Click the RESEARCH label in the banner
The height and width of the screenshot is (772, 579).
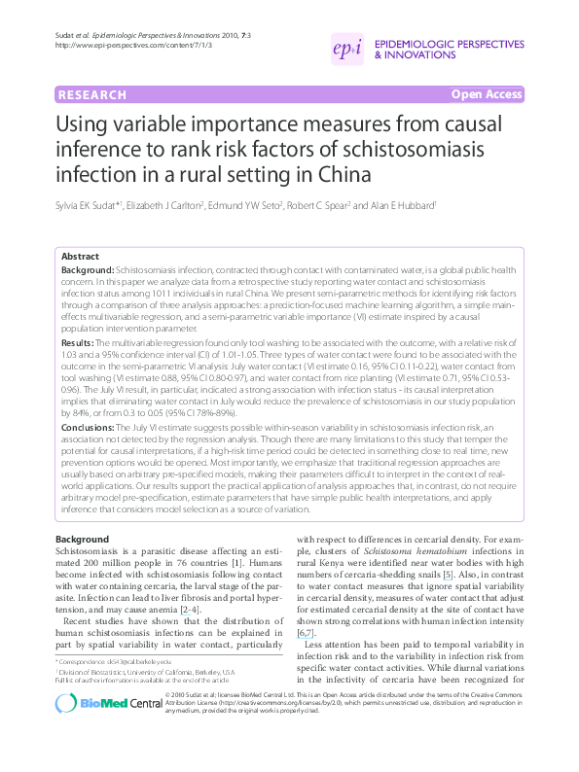point(92,95)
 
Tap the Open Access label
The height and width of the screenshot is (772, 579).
point(487,94)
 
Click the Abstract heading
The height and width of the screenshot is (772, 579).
point(81,255)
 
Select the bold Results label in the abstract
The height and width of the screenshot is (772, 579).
point(77,343)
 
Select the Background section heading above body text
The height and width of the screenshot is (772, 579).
point(82,539)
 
